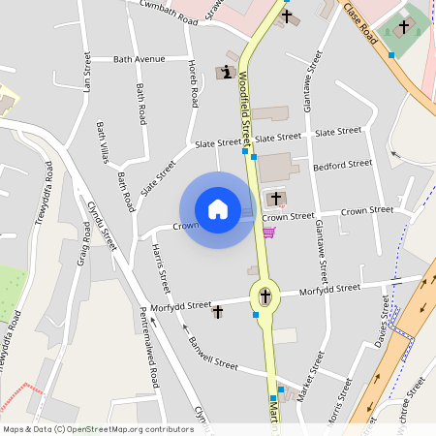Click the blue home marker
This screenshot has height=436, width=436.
[x=218, y=209]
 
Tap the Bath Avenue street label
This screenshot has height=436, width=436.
[x=140, y=59]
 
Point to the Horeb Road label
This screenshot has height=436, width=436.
[x=193, y=83]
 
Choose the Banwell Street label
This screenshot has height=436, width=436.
[x=212, y=358]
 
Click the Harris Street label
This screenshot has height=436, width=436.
[x=161, y=268]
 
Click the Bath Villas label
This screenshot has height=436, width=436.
[x=103, y=140]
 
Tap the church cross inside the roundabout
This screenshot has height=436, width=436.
[x=265, y=296]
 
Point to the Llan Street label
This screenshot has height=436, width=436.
[x=87, y=73]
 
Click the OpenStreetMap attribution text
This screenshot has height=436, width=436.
[x=97, y=428]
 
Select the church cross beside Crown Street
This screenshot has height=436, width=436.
[x=275, y=199]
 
